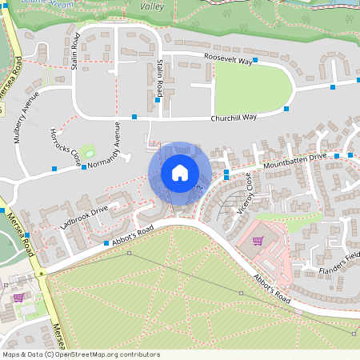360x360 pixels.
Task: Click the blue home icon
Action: pos(180,173)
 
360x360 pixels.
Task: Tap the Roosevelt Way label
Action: pos(228,58)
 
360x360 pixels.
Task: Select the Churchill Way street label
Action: pos(234,118)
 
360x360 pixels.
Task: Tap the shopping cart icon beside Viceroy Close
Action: pos(258,240)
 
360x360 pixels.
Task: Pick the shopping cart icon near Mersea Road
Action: pos(18,297)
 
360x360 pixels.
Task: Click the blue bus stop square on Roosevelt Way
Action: pos(255,60)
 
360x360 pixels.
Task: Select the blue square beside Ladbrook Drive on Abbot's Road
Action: pos(106,243)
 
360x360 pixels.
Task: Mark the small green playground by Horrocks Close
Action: pos(89,152)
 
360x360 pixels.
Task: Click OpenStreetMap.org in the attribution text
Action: pos(102,354)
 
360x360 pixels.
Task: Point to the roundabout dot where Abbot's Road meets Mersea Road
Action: pos(40,274)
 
